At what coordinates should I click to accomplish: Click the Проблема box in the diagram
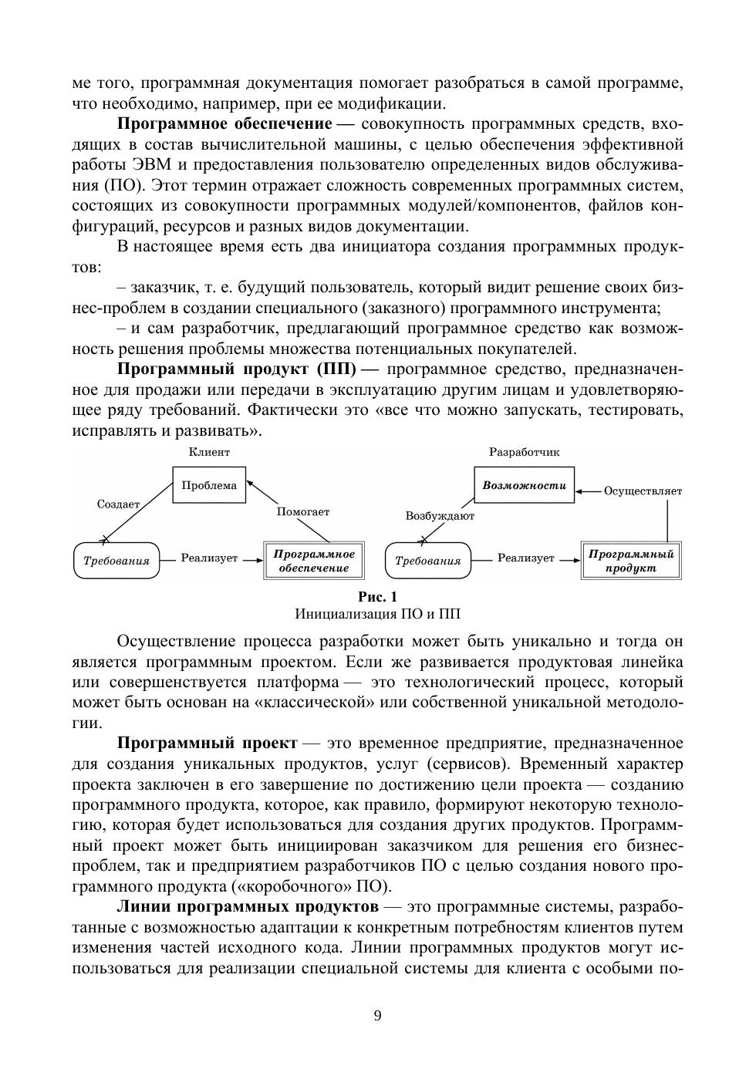click(209, 485)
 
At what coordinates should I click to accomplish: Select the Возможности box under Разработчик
click(524, 485)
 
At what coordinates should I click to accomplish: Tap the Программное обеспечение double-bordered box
click(314, 561)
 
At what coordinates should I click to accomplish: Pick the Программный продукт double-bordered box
click(631, 561)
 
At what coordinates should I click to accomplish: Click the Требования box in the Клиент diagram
click(116, 561)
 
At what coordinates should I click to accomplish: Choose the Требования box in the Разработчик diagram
click(427, 561)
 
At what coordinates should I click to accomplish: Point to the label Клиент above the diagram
click(209, 452)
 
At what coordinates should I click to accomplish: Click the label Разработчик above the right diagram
click(525, 452)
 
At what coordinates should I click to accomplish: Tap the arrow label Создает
click(118, 504)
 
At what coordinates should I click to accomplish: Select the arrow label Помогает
click(303, 511)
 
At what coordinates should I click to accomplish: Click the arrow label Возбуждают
click(440, 515)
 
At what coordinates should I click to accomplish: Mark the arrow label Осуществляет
click(643, 491)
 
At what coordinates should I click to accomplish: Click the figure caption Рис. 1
click(377, 597)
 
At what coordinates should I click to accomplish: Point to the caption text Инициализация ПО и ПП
click(377, 615)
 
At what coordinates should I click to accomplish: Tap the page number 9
click(377, 1015)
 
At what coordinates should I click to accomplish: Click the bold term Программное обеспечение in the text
click(224, 124)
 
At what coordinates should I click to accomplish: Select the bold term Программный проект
click(207, 744)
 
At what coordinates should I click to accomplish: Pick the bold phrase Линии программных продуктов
click(248, 906)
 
